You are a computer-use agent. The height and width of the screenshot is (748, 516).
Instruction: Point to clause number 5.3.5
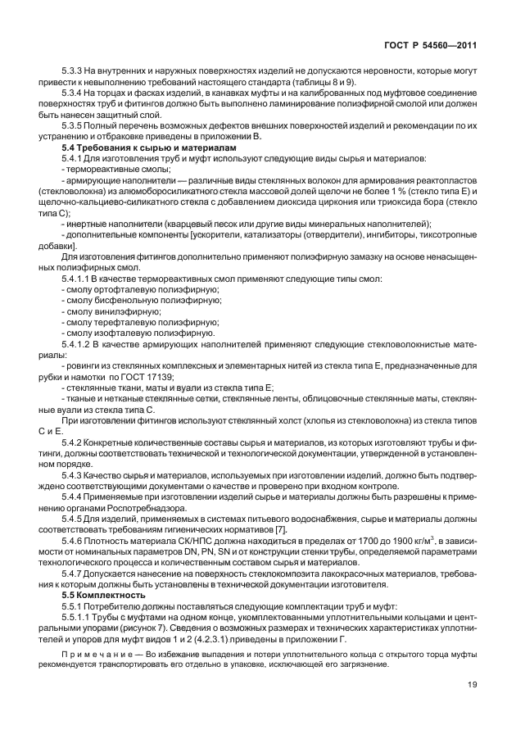tap(73, 126)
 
